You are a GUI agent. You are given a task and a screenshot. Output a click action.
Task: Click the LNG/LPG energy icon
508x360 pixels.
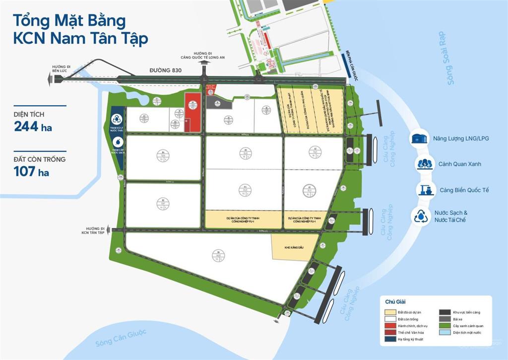(x=421, y=138)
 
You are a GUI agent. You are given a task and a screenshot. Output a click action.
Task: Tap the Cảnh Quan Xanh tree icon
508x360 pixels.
(x=424, y=163)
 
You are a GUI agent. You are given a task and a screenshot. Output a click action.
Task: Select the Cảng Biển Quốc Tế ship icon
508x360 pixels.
(x=424, y=190)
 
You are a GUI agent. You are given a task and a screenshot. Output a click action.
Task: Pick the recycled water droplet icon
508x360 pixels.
(x=421, y=216)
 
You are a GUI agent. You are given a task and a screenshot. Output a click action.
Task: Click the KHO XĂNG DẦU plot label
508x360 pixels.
(x=291, y=247)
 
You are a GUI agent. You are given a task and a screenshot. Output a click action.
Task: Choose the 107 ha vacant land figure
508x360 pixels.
(x=32, y=172)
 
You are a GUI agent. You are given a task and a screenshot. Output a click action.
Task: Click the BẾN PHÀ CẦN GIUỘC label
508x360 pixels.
(x=346, y=65)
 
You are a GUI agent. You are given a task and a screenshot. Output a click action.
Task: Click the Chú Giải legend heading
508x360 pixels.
(x=395, y=301)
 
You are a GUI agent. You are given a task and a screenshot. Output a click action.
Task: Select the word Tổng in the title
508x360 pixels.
(x=30, y=21)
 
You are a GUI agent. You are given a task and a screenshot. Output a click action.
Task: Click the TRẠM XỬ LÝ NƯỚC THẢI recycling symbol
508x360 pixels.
(x=118, y=119)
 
